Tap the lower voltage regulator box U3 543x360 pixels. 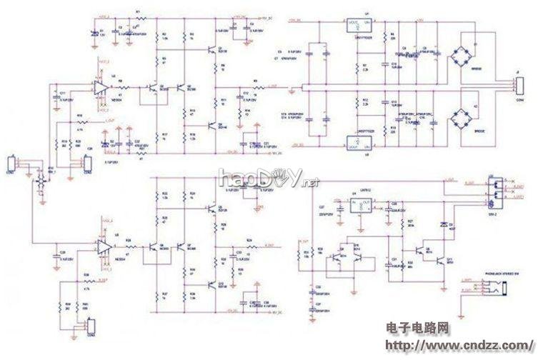click(356, 143)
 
